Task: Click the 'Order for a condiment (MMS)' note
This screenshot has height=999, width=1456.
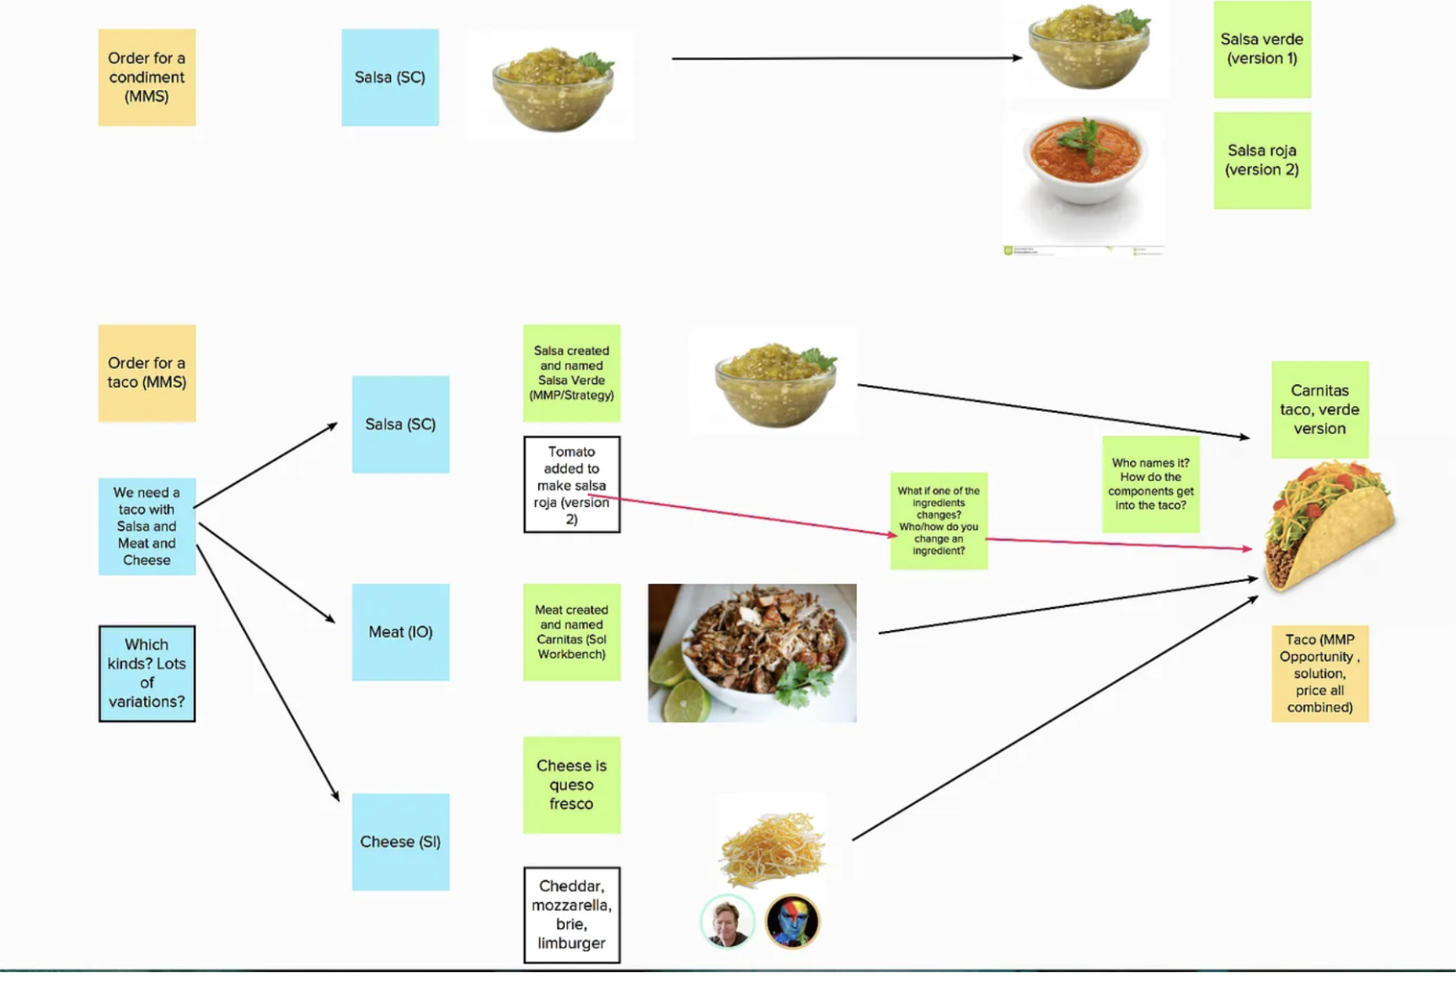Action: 147,77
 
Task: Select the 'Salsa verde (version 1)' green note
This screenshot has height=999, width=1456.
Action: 1261,49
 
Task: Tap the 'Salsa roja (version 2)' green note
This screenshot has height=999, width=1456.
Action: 1261,160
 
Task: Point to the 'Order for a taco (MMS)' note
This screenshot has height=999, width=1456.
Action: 147,372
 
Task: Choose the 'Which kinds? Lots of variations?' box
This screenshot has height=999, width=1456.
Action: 147,673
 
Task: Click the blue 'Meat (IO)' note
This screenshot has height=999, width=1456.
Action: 400,632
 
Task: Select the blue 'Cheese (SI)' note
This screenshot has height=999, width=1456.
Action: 400,841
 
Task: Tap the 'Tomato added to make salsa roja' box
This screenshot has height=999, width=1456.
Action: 571,484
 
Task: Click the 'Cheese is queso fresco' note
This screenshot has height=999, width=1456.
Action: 571,784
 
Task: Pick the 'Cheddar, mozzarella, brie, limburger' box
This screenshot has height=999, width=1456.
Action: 571,914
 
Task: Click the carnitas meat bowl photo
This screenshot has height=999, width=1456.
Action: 752,652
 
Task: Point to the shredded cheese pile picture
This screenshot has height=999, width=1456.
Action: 771,847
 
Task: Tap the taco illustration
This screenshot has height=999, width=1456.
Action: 1330,526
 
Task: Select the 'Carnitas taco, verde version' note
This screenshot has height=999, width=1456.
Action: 1319,409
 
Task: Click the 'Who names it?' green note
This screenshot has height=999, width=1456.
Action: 1150,483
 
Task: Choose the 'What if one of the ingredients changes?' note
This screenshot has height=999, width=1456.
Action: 939,521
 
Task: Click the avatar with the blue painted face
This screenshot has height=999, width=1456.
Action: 792,921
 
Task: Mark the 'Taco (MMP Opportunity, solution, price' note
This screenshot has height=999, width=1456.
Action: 1319,673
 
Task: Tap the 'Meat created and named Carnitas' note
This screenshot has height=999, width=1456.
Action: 571,632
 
